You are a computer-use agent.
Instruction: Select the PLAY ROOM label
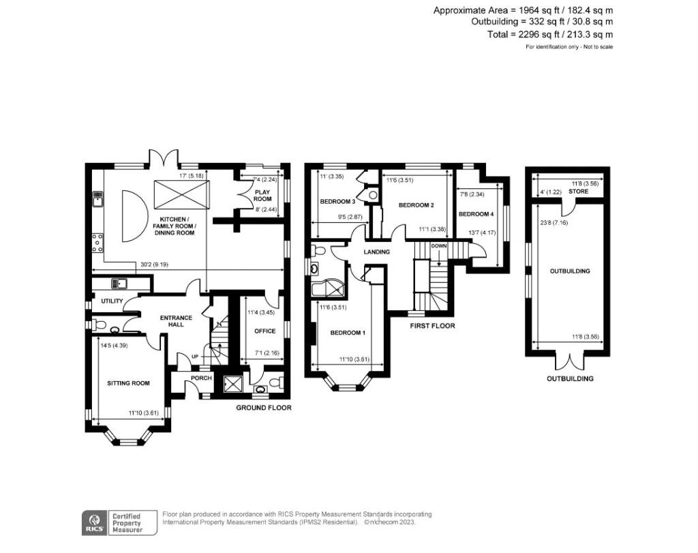coord(262,196)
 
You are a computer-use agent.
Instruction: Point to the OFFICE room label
coord(264,331)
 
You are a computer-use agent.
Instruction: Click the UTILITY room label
coord(112,301)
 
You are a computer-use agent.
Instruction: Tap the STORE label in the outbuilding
coord(578,192)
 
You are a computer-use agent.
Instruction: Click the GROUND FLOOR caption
coord(264,408)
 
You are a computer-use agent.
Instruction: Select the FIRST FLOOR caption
coord(432,326)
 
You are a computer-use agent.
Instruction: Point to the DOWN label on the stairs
coord(438,245)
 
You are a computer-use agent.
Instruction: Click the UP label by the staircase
coord(196,356)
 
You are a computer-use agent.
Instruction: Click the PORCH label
coord(201,378)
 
